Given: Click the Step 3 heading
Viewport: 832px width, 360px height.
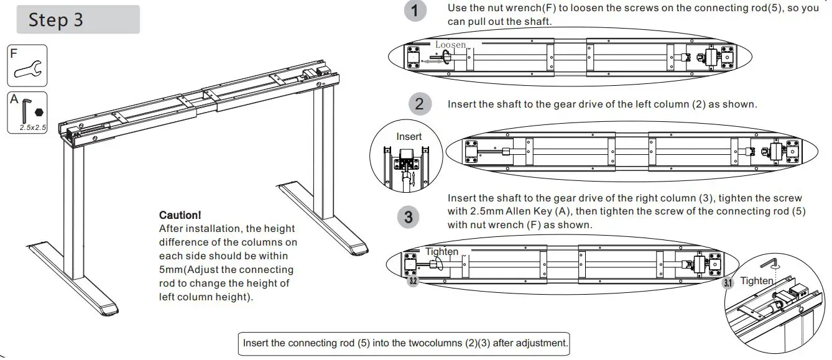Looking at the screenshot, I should coord(56,19).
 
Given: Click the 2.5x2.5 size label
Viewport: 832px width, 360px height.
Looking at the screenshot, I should coord(33,127).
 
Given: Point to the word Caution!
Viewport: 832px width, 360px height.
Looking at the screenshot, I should coord(180,215).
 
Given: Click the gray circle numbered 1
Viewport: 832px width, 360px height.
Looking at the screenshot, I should coord(415,11).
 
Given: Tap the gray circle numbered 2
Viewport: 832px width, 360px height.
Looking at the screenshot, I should coord(419,103).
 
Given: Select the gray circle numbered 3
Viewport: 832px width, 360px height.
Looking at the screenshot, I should coord(408,217).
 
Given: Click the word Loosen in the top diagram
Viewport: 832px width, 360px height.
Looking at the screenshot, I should coord(450,45).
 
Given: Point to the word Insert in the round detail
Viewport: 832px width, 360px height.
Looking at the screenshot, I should coord(409,137).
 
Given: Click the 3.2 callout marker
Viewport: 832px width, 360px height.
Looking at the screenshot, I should coord(412,282).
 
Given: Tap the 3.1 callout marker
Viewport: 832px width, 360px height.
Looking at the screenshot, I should coord(728,284).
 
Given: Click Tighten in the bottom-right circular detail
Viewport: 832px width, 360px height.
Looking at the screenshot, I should coord(756,281).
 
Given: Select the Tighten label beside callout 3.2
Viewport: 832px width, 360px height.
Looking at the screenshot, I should coord(441,252).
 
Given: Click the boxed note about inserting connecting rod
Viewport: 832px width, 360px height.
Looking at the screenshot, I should coord(404,343).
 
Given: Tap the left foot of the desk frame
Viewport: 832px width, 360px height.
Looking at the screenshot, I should coord(72,277).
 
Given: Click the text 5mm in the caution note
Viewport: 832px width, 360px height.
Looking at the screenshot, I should coord(170,270).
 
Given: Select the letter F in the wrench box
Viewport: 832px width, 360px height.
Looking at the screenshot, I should coord(14,53).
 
